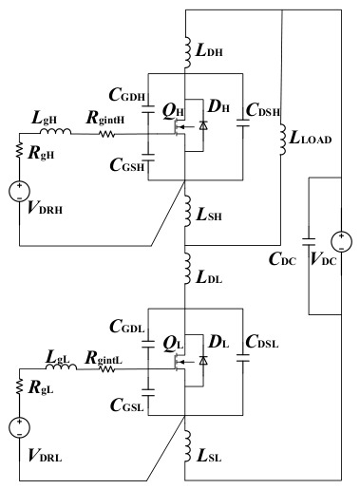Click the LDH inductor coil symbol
coord(187,52)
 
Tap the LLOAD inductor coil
coord(283,140)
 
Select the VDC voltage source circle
coord(341,241)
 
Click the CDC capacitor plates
coord(309,242)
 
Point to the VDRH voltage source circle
coord(19,192)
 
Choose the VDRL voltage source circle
coord(19,427)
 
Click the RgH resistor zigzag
coord(19,150)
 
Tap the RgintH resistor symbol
coord(107,134)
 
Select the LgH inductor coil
coord(55,131)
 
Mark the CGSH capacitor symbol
coord(148,158)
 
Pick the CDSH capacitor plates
coord(243,122)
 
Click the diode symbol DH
coord(203,125)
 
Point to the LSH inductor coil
coord(187,211)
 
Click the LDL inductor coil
coord(187,268)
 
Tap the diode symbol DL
coord(203,360)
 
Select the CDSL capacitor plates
coord(243,358)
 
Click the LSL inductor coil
coord(187,445)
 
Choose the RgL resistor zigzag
coord(19,386)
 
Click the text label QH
coord(173,111)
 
